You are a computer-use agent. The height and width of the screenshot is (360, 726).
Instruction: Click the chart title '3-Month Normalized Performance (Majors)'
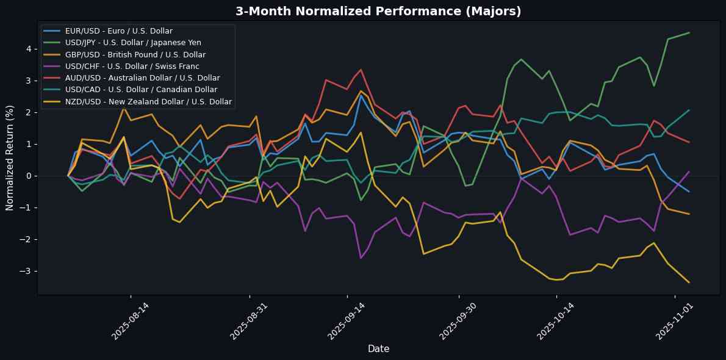tap(378, 11)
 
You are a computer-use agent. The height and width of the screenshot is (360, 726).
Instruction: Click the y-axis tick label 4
tap(28, 49)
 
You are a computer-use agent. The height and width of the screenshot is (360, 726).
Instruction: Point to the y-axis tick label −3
tap(26, 271)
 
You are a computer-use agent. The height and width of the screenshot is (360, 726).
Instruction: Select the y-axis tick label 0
tap(28, 176)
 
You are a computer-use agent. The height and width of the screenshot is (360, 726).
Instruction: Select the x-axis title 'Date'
tap(378, 348)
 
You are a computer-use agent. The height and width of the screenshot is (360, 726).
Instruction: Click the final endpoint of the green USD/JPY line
tap(689, 33)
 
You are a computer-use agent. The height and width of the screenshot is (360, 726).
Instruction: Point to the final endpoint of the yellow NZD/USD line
tap(689, 283)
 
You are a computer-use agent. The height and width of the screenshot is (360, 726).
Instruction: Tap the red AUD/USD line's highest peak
tap(361, 70)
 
